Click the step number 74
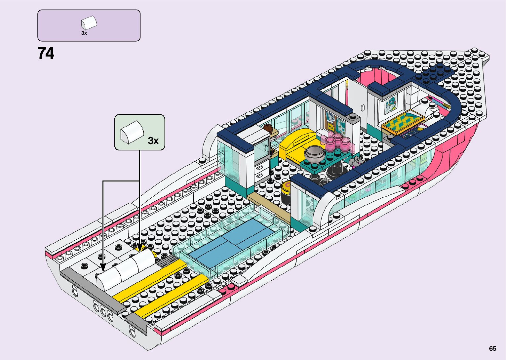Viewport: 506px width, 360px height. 46,53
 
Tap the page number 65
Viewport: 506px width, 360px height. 492,348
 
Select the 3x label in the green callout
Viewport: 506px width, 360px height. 153,141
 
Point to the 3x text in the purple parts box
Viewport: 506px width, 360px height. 84,33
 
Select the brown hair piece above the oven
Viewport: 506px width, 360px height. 268,128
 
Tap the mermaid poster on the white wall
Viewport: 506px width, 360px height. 391,103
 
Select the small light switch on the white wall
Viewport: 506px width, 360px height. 363,108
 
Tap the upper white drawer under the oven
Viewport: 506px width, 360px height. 260,167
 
